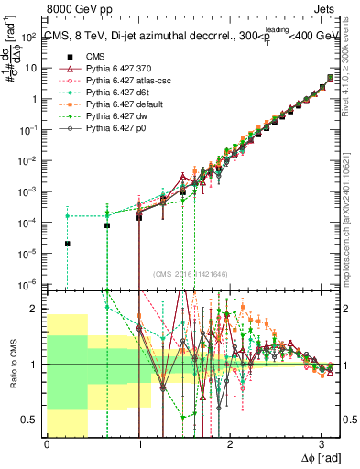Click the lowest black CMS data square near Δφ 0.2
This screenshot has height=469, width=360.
coord(67,244)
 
